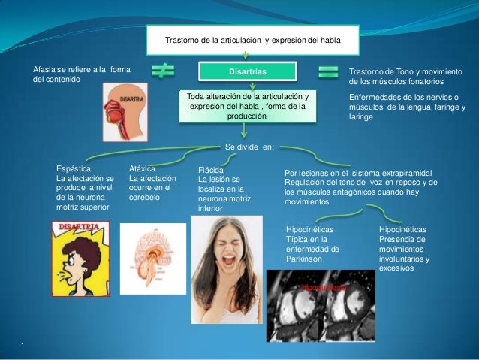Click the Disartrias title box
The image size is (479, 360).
[246, 71]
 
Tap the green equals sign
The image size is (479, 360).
[328, 72]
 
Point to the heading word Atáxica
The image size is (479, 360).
[143, 170]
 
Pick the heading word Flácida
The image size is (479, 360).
[211, 171]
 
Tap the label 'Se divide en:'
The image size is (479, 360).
[249, 147]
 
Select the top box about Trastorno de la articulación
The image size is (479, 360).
[252, 40]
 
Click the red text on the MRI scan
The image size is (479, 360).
[325, 288]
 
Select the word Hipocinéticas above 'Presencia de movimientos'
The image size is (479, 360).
[402, 229]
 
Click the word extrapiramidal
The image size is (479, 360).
[407, 173]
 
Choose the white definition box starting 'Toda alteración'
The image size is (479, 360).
[248, 107]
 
